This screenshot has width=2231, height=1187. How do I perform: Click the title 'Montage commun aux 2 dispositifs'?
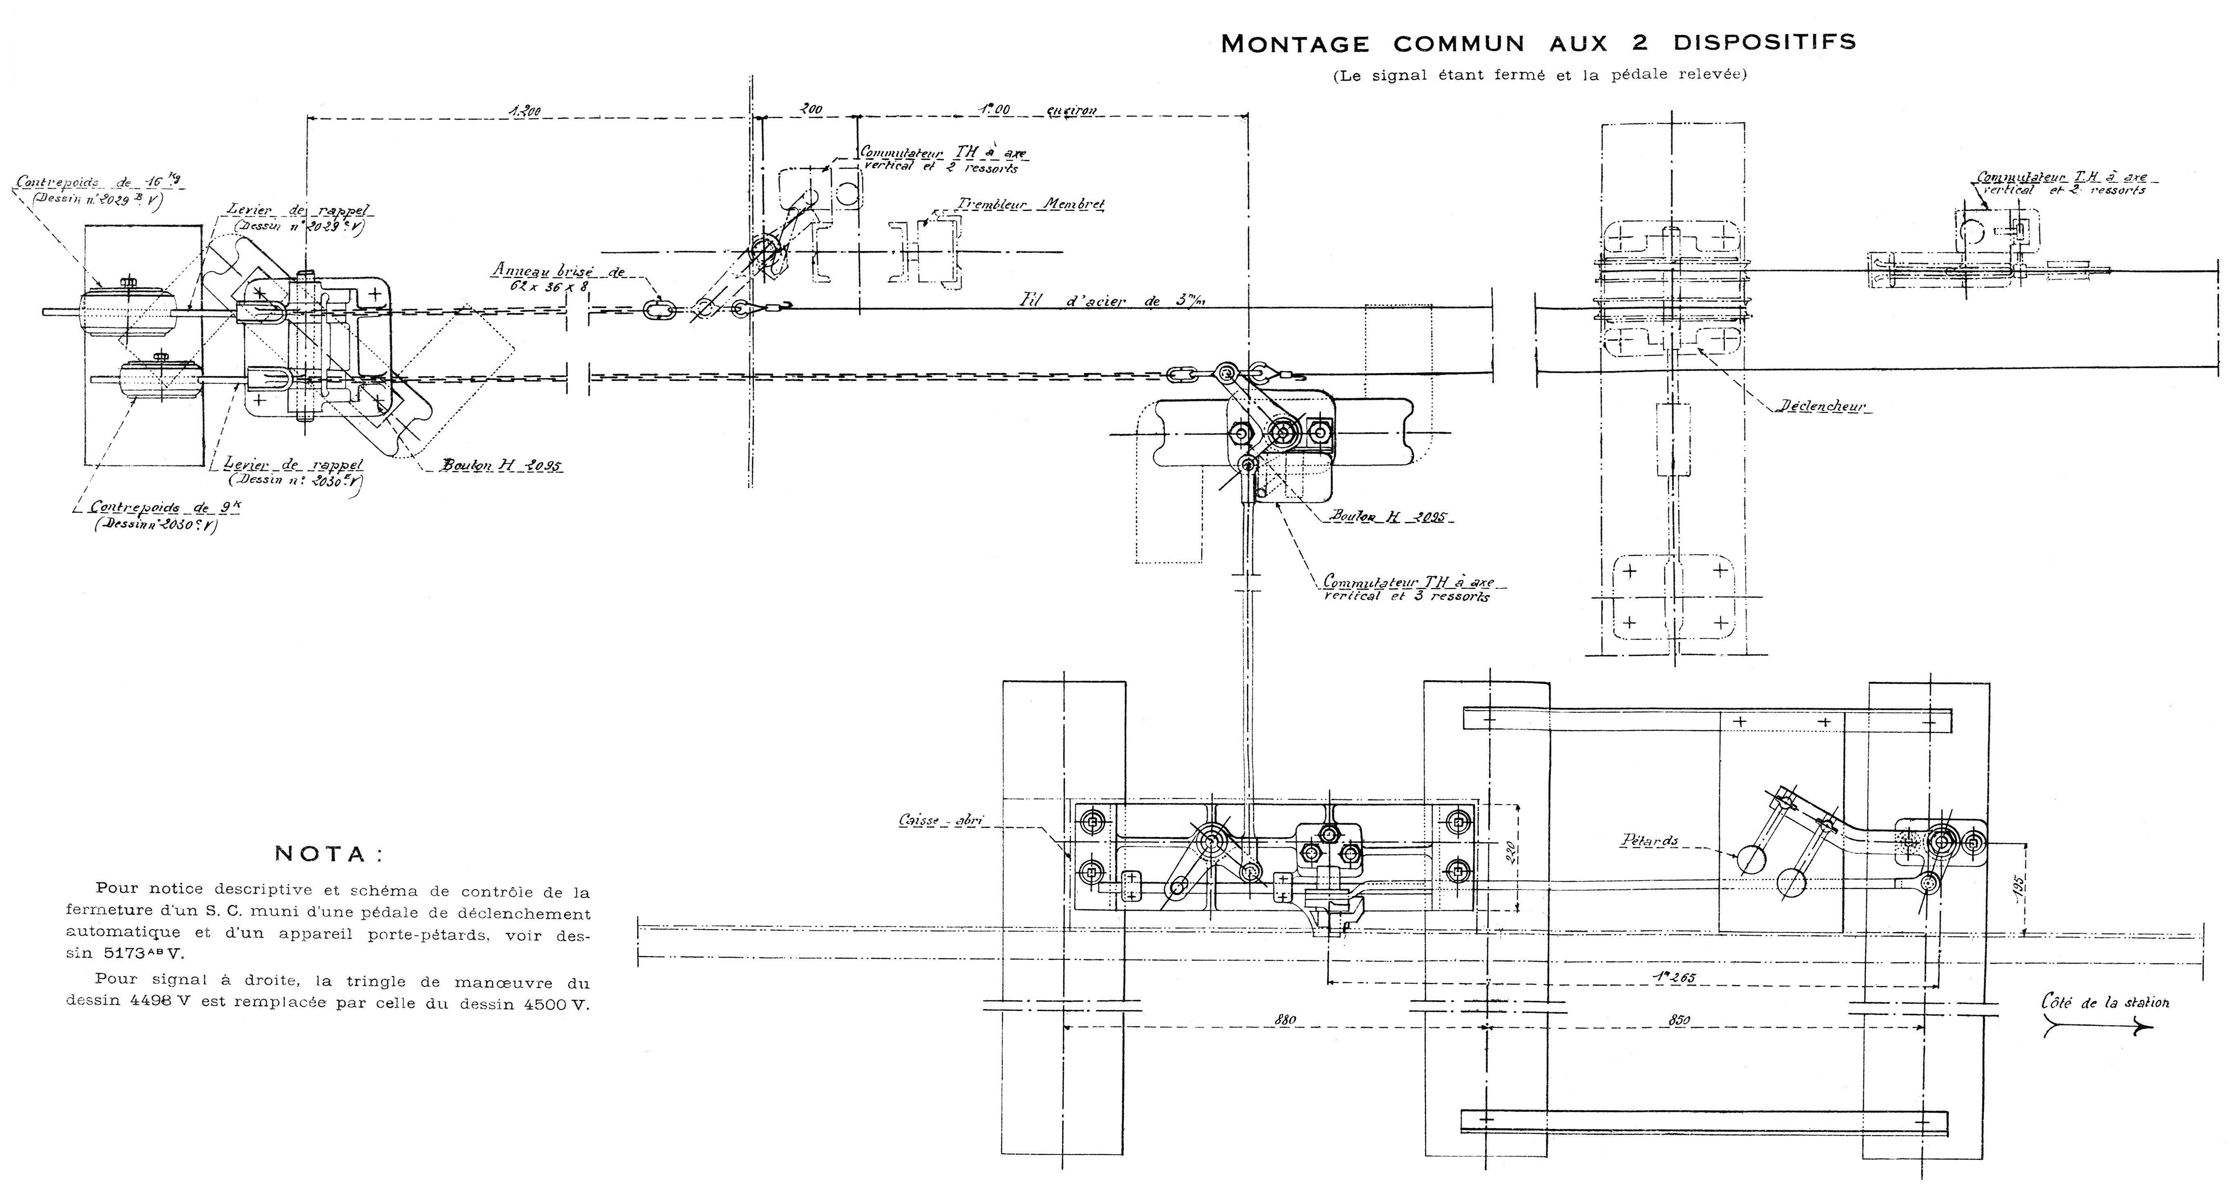click(1538, 43)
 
